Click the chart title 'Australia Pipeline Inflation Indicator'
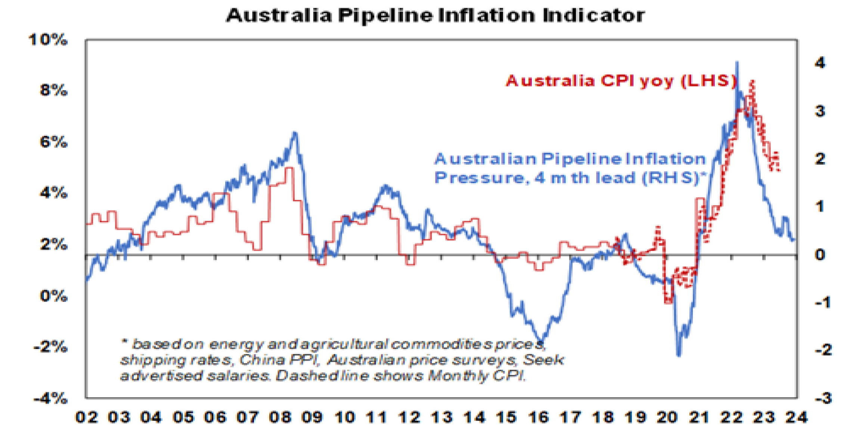tap(435, 16)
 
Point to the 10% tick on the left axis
tap(48, 40)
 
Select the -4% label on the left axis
tap(50, 399)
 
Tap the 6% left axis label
tap(53, 142)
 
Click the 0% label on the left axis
tap(53, 296)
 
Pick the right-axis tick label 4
tap(820, 63)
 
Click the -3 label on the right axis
tap(823, 399)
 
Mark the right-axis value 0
tap(820, 255)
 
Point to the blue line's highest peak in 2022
tap(737, 63)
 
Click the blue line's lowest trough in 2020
tap(679, 355)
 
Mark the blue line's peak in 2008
tap(295, 133)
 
